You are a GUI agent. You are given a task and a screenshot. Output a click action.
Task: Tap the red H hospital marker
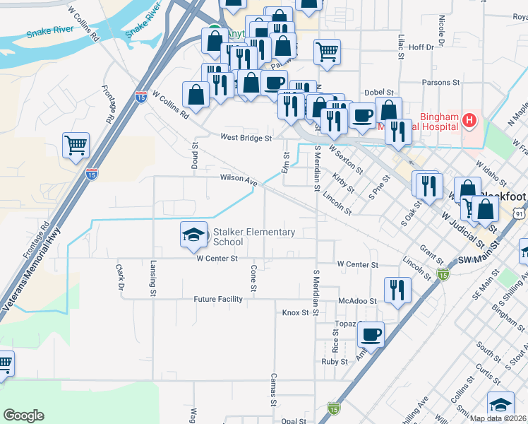tap(470, 122)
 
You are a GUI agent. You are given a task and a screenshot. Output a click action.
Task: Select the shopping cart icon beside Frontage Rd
tap(76, 146)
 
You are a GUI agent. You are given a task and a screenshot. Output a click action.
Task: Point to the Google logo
tap(23, 416)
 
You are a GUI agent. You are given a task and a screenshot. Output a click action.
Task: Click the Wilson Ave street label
tap(238, 179)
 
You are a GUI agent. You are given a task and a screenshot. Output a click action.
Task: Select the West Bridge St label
tap(246, 139)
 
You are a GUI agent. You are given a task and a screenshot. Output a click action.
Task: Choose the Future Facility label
tap(218, 299)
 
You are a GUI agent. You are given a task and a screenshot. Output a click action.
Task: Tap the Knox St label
tap(296, 312)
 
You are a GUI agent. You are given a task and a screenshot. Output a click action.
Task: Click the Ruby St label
tap(335, 361)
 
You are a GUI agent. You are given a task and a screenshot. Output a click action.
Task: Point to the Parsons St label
tap(440, 83)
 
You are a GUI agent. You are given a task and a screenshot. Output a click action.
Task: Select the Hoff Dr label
tap(420, 47)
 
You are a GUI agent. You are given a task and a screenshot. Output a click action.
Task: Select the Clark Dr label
tap(119, 278)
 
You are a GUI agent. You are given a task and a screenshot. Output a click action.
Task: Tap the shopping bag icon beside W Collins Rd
tap(196, 94)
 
